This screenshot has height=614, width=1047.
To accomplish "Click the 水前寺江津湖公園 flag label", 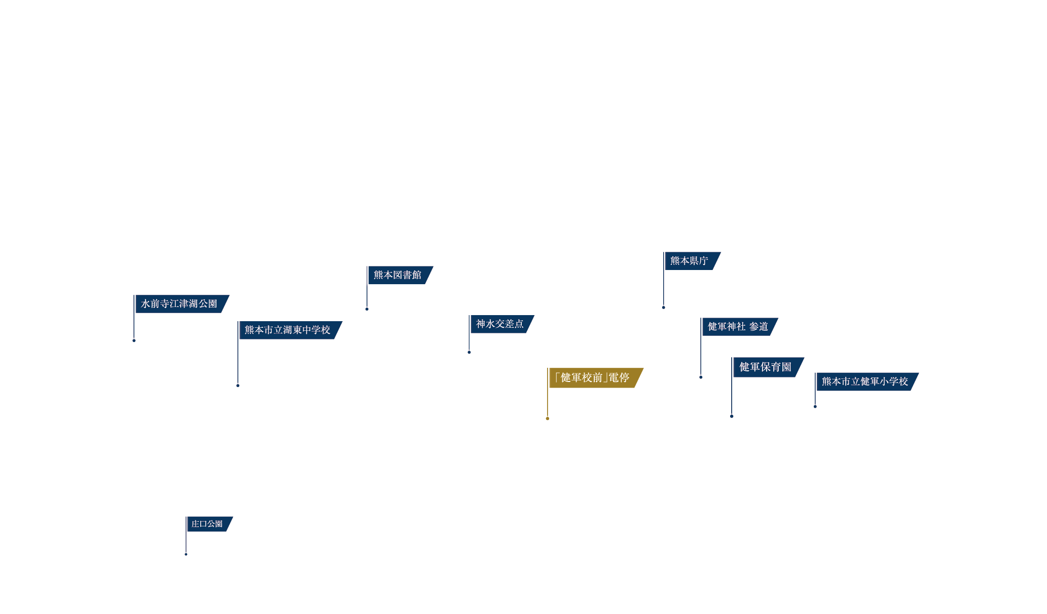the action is tap(182, 304).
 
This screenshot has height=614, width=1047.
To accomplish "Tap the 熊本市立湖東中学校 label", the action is tap(290, 330).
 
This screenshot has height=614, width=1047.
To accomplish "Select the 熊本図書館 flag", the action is tap(400, 275).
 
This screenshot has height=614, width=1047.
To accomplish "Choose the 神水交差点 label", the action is tap(502, 324).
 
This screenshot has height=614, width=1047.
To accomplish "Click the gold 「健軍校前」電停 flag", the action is tap(596, 378).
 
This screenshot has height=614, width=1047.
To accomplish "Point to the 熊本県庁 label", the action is tap(692, 261).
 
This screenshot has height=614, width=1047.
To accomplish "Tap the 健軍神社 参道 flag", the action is tap(740, 327).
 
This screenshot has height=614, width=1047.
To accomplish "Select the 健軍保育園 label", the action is tap(768, 367).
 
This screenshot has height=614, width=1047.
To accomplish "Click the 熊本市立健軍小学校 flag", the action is tap(867, 382).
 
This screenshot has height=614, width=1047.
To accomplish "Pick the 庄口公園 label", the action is tap(209, 524).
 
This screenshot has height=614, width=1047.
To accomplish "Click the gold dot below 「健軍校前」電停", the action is tap(548, 418).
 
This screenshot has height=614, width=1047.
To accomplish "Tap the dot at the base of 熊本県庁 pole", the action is tap(663, 308).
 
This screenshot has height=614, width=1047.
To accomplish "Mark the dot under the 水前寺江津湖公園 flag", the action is tap(134, 340).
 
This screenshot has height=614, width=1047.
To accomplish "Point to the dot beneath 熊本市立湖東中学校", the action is tap(238, 386).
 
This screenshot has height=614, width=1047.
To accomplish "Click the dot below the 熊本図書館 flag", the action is tap(367, 309).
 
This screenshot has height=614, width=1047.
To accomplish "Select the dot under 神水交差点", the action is tap(469, 352).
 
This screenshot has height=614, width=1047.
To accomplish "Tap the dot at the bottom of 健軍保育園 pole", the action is tap(732, 416).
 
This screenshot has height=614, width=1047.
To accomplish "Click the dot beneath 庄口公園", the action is tap(186, 554).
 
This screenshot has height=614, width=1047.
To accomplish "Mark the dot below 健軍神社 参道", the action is tap(701, 377).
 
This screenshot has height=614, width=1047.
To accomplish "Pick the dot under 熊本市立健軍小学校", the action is tap(815, 406).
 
